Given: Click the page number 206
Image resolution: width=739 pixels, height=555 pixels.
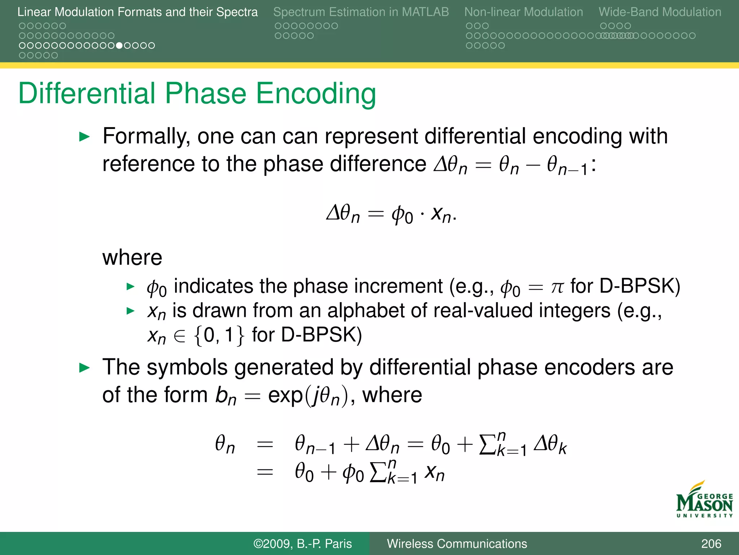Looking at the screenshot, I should (711, 544).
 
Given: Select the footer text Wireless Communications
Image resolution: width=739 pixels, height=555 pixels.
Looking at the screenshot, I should (457, 544).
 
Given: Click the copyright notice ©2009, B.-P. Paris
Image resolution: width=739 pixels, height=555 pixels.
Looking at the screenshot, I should (302, 544).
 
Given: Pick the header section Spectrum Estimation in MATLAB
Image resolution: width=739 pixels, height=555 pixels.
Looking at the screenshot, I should (361, 12).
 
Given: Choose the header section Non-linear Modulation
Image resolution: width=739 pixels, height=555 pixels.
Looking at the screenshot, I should (523, 12).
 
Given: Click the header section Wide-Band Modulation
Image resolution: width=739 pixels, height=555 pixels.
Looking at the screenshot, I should (660, 12).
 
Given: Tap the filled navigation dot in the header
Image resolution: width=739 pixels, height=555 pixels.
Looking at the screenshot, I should (119, 46).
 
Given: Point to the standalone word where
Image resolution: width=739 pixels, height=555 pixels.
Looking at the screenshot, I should (132, 258).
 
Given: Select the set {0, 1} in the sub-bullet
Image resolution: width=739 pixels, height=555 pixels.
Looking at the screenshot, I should (219, 335).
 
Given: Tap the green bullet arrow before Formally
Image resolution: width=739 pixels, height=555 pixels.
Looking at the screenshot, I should (84, 137).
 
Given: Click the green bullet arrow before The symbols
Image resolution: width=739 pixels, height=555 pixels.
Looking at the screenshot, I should (84, 368).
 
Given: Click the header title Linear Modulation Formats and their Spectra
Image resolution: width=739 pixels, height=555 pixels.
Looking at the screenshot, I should (137, 12).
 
